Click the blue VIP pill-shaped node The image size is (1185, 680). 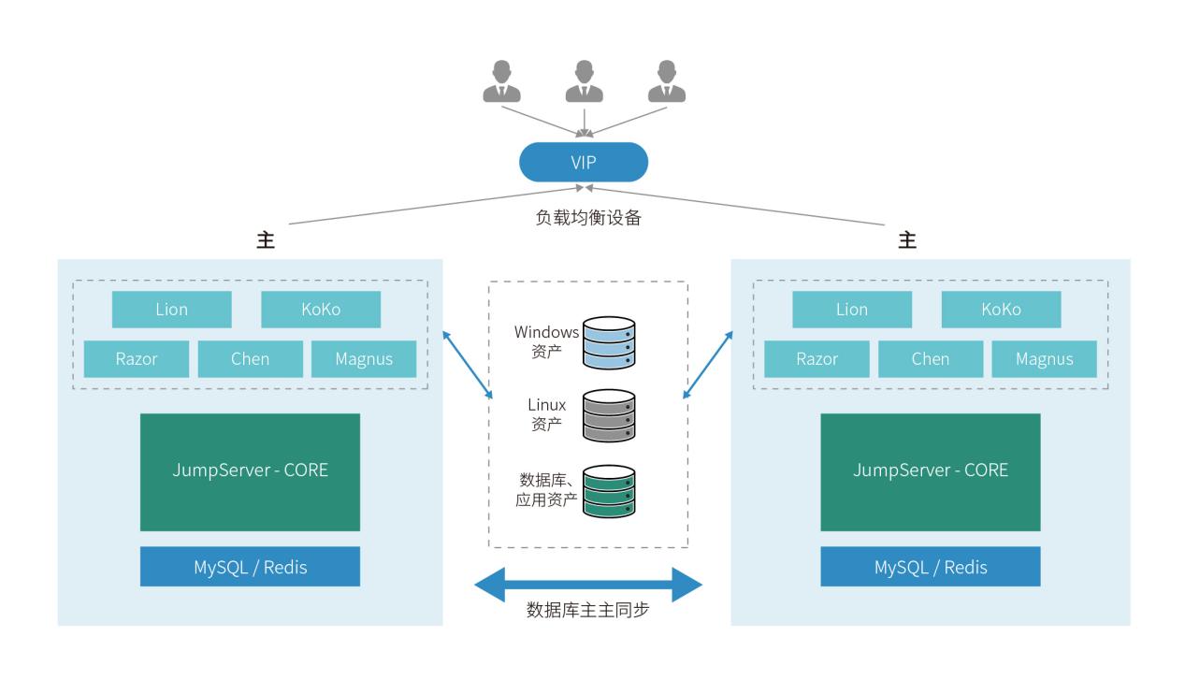coord(584,163)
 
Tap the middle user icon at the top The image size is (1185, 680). coord(584,82)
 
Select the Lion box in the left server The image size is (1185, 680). coord(172,310)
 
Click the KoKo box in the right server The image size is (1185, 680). coord(1001,310)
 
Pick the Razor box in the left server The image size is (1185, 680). coord(137,359)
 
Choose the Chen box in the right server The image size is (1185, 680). coord(931,359)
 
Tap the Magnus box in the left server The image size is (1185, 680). coord(364,359)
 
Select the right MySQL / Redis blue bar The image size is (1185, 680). coord(931,567)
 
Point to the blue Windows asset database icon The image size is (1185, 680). coord(609,341)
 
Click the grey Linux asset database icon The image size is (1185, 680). coord(609,416)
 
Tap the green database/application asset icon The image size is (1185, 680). coord(609,491)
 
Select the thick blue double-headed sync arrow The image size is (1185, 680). coord(588,585)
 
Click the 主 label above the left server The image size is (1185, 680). coord(266,240)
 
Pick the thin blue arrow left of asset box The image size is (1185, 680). coord(469,363)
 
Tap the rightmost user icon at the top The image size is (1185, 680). coord(667,82)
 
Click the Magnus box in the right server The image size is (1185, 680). coord(1044,359)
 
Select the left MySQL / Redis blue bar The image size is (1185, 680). coord(250,567)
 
